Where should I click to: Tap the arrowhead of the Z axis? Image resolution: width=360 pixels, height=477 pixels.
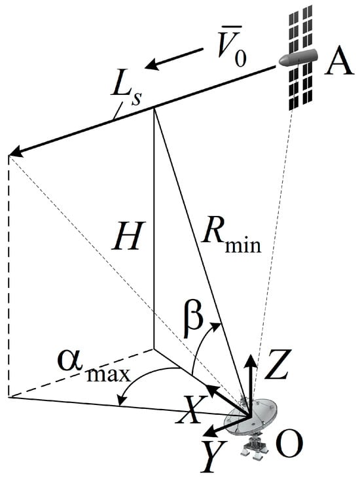[x=251, y=360]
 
